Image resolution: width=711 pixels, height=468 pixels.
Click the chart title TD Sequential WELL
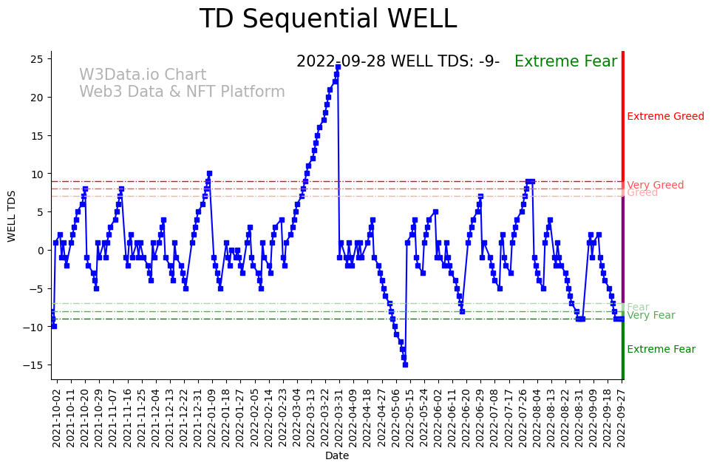pyautogui.click(x=328, y=19)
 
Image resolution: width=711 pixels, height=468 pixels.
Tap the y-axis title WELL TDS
pyautogui.click(x=12, y=216)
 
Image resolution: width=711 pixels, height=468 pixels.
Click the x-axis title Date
pyautogui.click(x=337, y=456)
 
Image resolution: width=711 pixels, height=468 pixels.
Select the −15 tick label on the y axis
pyautogui.click(x=36, y=365)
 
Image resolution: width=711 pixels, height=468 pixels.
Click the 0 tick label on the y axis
pyautogui.click(x=43, y=251)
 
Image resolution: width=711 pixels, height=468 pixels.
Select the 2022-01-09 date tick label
pyautogui.click(x=211, y=418)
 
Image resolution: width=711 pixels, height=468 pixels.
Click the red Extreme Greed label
pyautogui.click(x=665, y=116)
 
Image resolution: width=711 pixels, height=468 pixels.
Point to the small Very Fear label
pyautogui.click(x=650, y=316)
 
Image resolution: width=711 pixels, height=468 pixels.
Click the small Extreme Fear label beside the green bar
pyautogui.click(x=661, y=350)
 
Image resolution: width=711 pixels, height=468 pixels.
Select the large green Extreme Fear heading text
pyautogui.click(x=565, y=61)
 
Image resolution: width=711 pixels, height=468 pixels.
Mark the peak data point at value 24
pyautogui.click(x=338, y=67)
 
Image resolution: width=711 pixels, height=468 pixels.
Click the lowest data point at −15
pyautogui.click(x=405, y=364)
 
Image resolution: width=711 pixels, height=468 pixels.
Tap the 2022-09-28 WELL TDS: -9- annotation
pyautogui.click(x=398, y=61)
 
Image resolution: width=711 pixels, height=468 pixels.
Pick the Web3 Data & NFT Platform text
pyautogui.click(x=182, y=92)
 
